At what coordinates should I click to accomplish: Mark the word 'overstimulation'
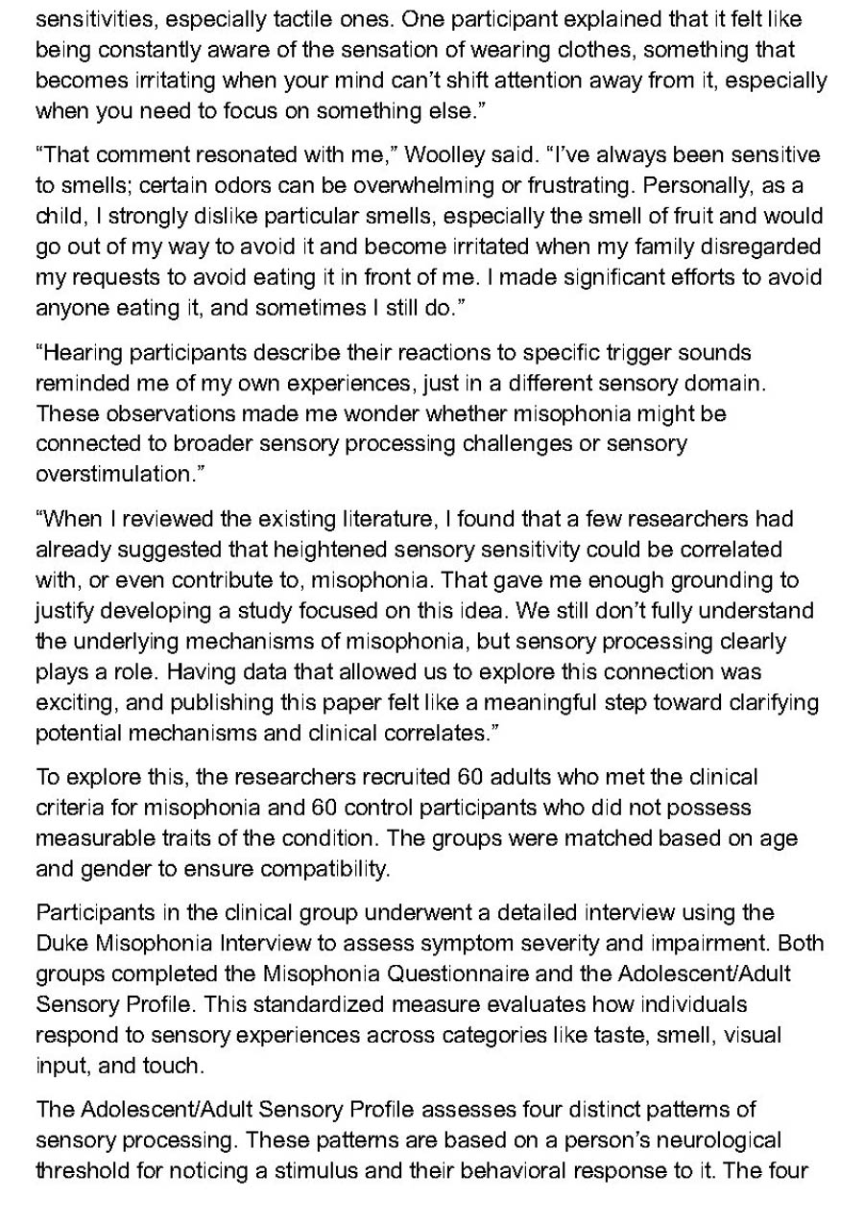pos(108,474)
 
